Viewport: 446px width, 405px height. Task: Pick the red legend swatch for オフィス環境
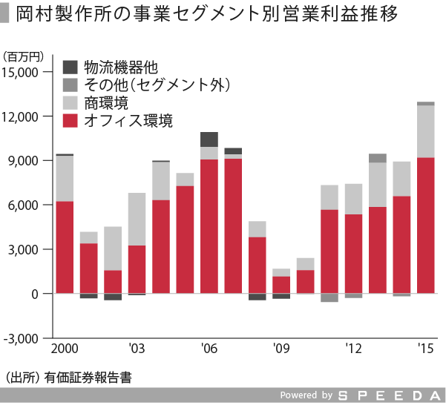[x=72, y=120]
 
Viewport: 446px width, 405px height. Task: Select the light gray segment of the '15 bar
[x=426, y=131]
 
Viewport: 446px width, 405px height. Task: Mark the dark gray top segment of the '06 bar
[x=209, y=139]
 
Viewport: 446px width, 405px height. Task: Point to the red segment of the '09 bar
[x=281, y=285]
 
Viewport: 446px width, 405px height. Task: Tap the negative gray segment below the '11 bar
[x=329, y=297]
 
